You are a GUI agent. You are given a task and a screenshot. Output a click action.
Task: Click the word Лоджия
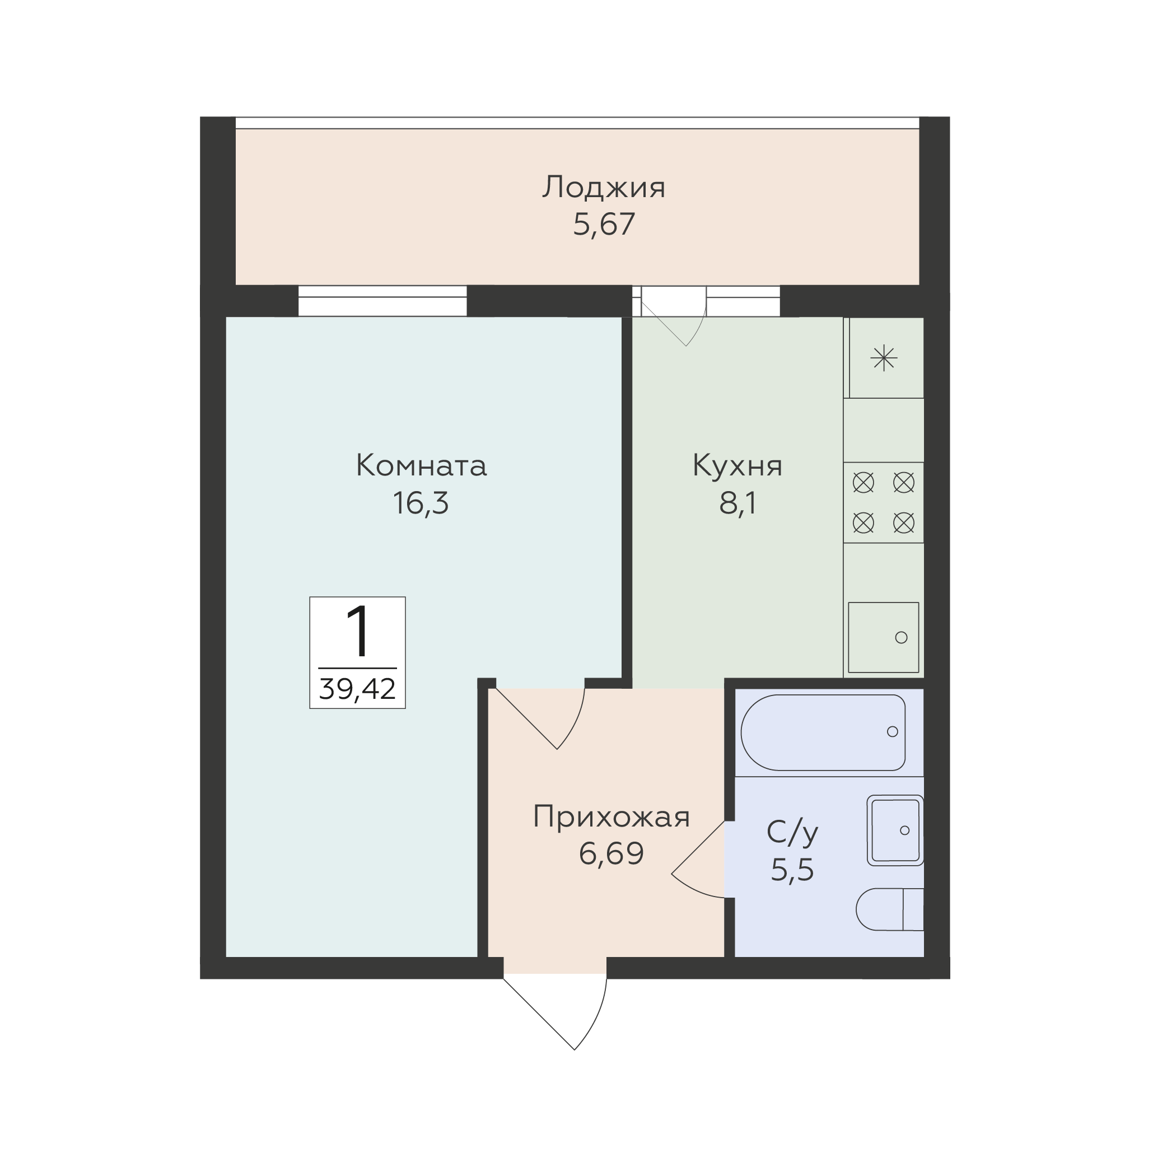[604, 187]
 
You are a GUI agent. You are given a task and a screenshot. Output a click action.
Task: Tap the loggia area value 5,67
[604, 225]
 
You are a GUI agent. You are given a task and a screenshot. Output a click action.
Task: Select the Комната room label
[421, 466]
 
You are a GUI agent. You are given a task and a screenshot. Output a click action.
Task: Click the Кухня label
[737, 466]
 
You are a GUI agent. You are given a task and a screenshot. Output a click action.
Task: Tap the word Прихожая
[611, 817]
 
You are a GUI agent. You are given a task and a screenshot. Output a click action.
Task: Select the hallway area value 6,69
[611, 854]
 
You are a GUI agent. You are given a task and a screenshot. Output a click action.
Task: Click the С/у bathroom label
[792, 832]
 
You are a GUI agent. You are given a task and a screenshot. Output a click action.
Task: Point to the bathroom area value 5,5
[792, 870]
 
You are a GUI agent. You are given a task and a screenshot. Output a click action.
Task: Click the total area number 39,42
[358, 689]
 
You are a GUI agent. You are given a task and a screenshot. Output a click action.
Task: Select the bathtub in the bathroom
[823, 732]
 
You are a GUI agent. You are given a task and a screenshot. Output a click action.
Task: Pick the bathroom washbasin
[895, 830]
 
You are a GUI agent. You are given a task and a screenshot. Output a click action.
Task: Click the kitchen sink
[883, 637]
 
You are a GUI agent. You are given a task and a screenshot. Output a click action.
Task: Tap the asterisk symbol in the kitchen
[884, 359]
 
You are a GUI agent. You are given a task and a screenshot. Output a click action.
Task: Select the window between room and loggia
[382, 301]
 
